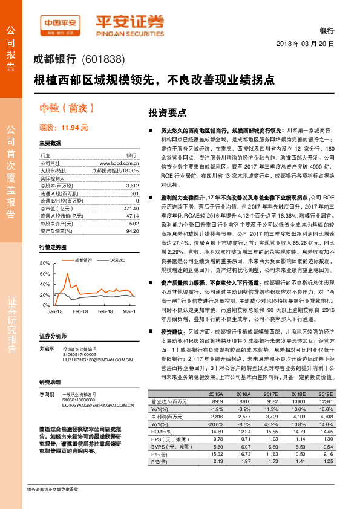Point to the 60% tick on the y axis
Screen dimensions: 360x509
coord(44,274)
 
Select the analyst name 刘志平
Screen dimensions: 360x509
coord(47,348)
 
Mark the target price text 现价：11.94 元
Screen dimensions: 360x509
coord(64,128)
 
